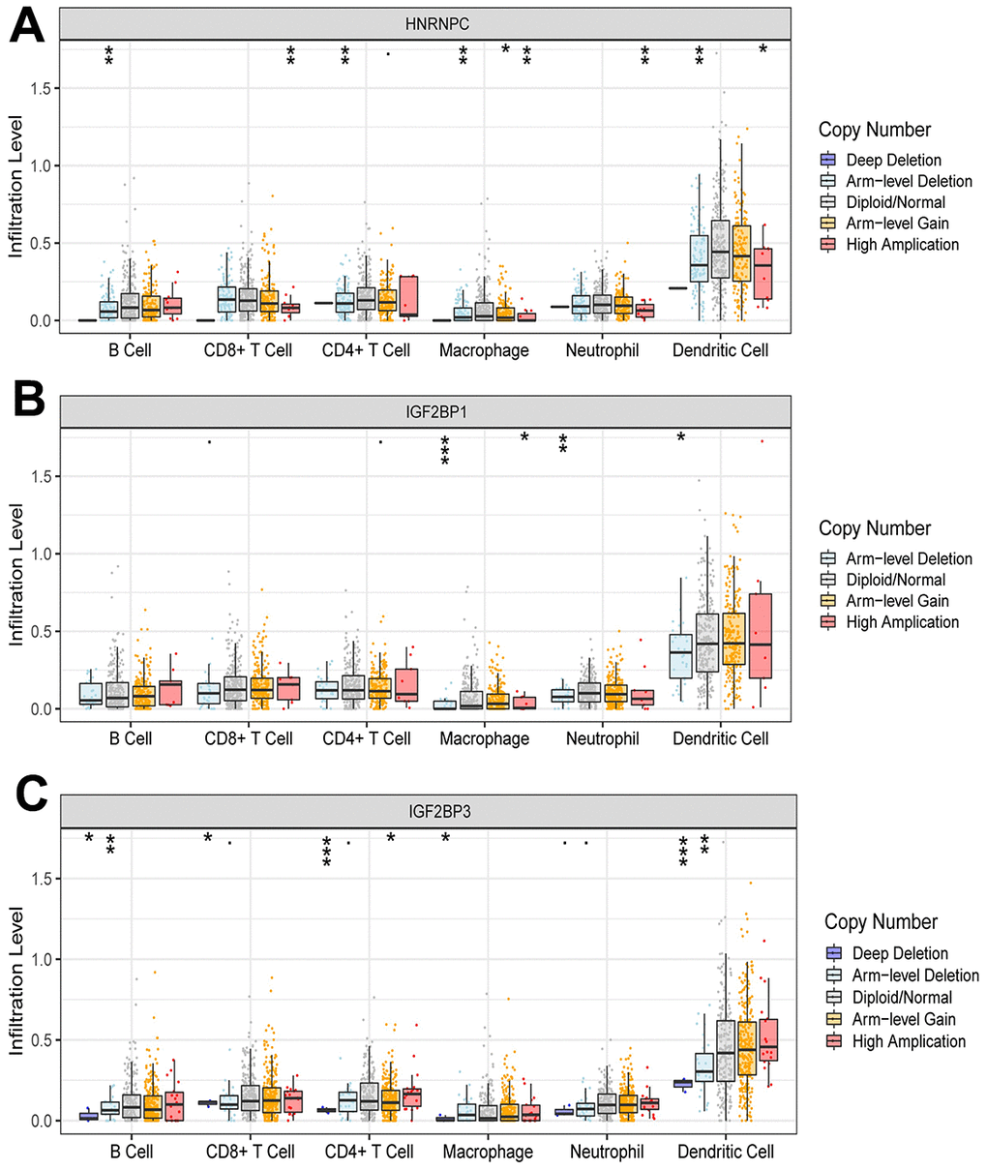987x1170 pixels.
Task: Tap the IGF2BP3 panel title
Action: [426, 812]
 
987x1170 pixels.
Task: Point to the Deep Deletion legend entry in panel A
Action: [892, 161]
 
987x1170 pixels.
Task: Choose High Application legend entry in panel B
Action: [902, 622]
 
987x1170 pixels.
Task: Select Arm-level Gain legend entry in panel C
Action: [903, 1019]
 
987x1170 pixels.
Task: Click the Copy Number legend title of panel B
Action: [875, 528]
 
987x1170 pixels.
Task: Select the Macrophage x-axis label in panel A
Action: [484, 350]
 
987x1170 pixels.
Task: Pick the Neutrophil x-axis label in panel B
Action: [603, 738]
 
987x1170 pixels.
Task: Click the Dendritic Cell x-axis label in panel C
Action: [726, 1152]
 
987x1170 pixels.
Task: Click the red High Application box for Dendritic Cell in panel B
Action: [762, 636]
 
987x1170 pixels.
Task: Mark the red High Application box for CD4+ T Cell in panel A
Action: [407, 296]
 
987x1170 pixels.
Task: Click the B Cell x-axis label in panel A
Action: [129, 350]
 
